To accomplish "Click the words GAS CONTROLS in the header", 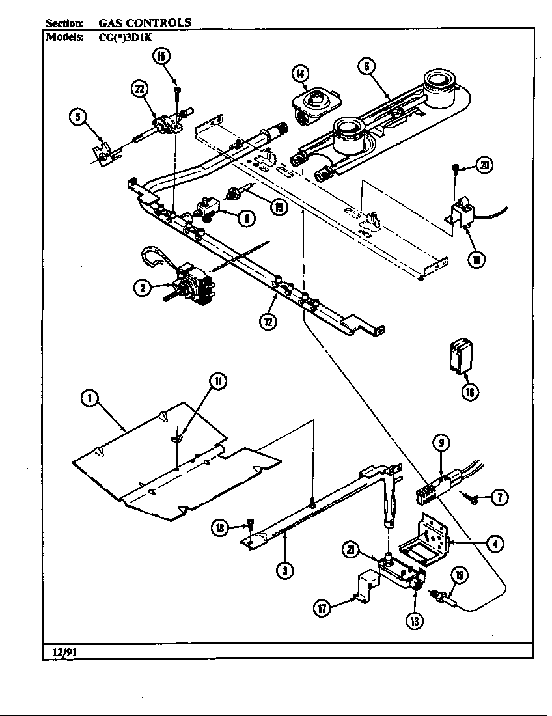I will (x=145, y=22).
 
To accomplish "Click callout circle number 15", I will (x=161, y=57).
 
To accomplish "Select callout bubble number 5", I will (x=77, y=117).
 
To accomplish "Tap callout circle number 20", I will (x=483, y=165).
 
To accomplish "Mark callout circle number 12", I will (x=268, y=320).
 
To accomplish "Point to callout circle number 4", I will (x=495, y=542).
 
